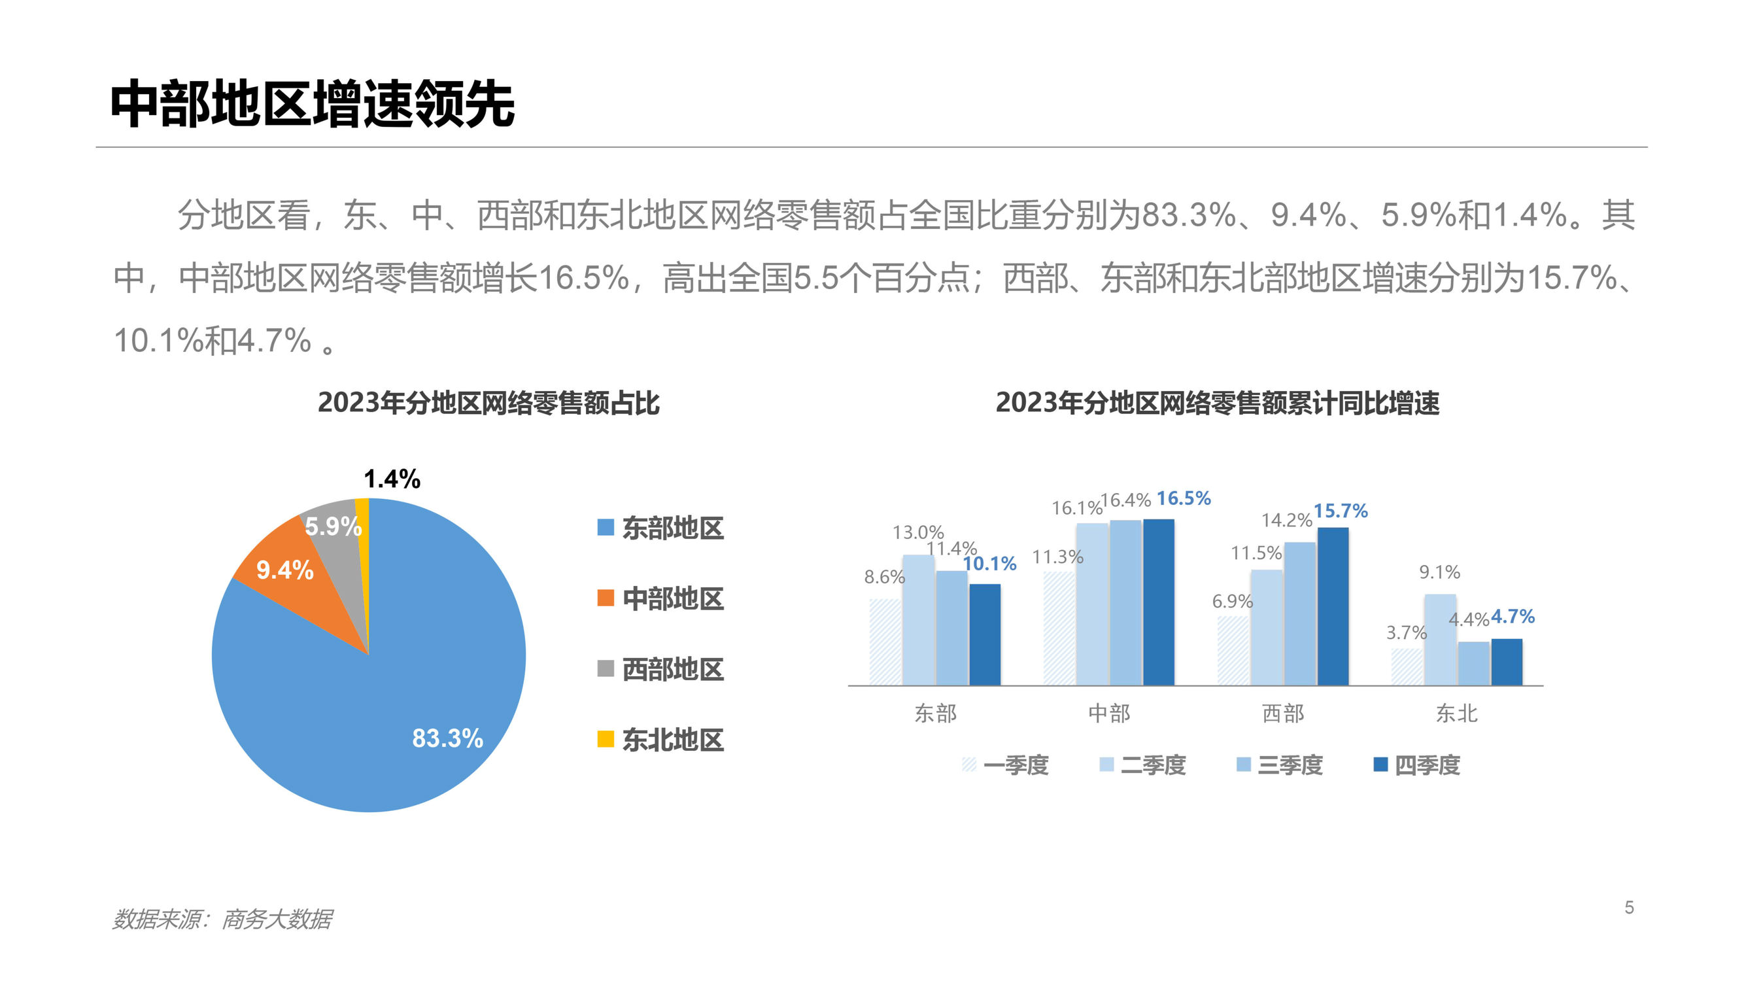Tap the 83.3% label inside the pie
point(447,738)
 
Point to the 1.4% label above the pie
point(392,479)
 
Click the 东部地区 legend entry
point(660,528)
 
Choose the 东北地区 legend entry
point(660,740)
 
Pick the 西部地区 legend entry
point(660,670)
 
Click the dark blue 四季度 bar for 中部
point(1158,602)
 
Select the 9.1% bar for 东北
point(1440,640)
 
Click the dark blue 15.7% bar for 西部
point(1333,607)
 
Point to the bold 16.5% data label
point(1184,498)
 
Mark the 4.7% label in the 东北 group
point(1513,617)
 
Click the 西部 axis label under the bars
point(1283,713)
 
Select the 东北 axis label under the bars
point(1456,713)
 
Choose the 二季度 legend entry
point(1143,765)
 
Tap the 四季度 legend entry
point(1417,765)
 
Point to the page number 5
point(1629,907)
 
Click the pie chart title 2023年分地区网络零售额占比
point(488,403)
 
